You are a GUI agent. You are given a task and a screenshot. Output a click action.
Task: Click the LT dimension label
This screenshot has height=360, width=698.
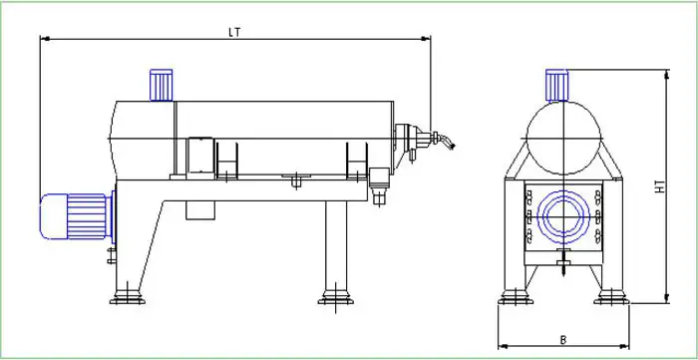(234, 32)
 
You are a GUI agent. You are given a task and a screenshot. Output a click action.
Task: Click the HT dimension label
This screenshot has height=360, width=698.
(660, 186)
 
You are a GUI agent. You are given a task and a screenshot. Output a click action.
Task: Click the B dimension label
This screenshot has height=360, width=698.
(563, 340)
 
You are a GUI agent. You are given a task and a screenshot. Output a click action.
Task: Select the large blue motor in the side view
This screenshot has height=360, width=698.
(78, 216)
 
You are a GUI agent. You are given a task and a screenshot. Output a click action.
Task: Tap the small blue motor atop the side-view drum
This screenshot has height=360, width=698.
(162, 85)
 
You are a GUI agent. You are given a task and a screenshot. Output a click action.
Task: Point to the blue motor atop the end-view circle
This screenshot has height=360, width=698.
(556, 86)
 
